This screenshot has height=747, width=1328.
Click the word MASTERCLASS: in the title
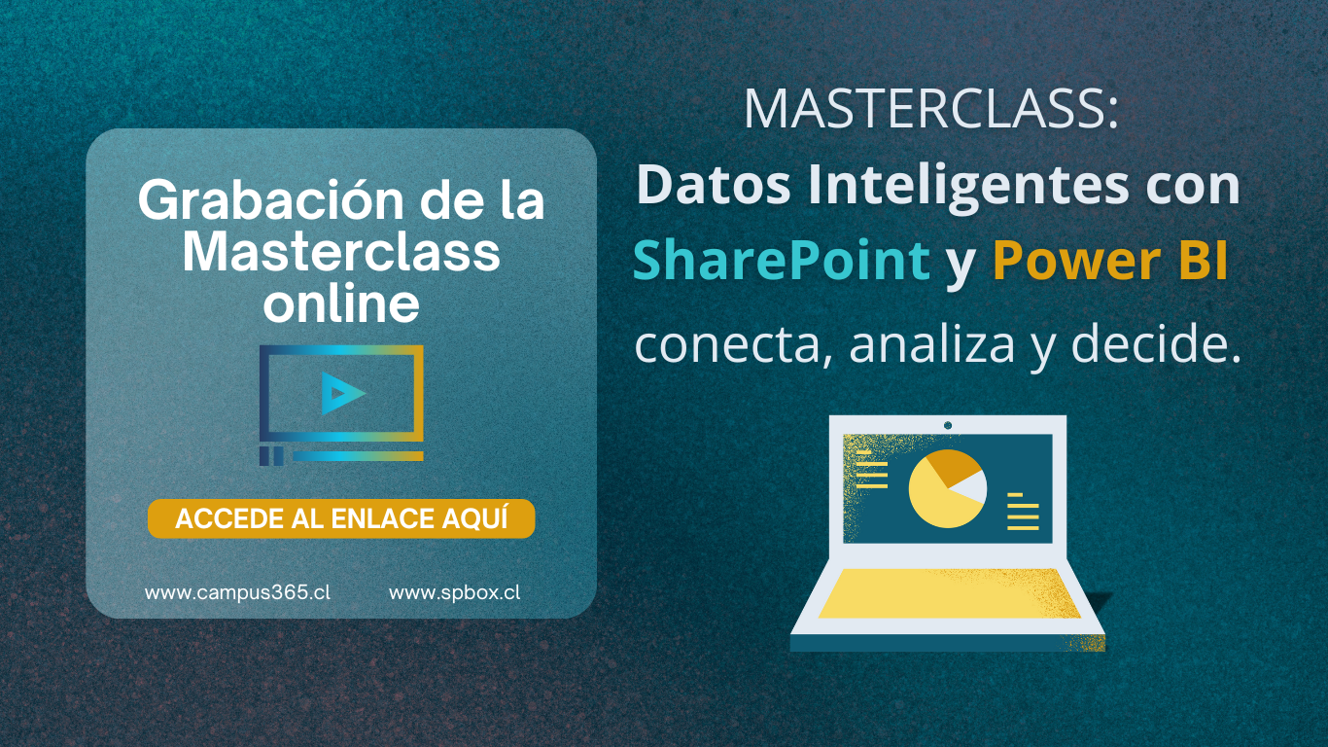coord(930,109)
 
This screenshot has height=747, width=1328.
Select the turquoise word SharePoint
coord(782,260)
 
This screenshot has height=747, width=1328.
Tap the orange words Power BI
coord(1110,260)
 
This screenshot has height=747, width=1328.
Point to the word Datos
coord(714,185)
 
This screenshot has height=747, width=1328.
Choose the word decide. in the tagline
coord(1156,344)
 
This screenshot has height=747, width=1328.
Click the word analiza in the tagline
coord(932,345)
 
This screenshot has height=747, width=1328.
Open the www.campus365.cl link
coord(238,592)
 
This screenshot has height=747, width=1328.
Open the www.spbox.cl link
coord(455,592)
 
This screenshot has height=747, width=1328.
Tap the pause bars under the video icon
coord(271,455)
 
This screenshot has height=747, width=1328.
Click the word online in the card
coord(341,303)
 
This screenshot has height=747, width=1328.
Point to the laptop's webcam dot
coord(948,425)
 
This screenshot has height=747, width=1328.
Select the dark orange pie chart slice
coord(952,466)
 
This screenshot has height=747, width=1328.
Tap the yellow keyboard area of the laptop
coord(949,593)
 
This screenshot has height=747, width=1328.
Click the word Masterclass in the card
coord(341,252)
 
